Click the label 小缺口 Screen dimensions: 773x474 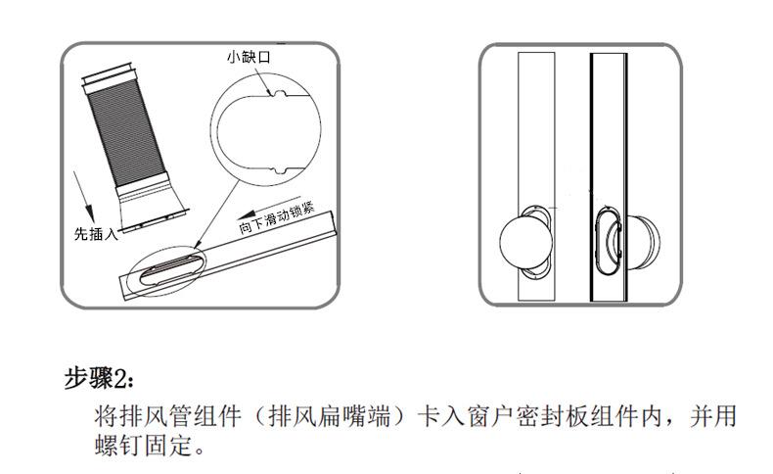(x=249, y=58)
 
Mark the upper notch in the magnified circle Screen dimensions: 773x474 (x=277, y=96)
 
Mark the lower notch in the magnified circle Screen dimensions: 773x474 (x=278, y=172)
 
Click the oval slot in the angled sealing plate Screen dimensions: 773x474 (x=167, y=261)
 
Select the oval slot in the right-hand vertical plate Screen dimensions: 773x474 (x=608, y=241)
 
